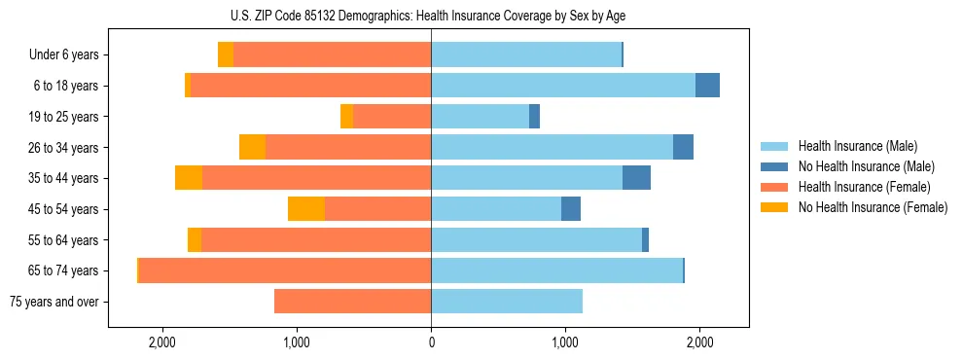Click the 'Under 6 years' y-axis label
pos(63,55)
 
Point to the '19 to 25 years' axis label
pos(63,117)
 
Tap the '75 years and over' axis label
pos(53,302)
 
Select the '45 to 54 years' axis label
pos(63,209)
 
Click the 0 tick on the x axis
pos(431,342)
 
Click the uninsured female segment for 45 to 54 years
pos(306,209)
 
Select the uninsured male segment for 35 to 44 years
pos(636,178)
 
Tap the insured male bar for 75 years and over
pos(507,302)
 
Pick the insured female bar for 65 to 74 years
pos(285,270)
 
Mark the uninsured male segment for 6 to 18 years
pos(707,86)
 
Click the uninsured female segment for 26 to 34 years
pos(253,147)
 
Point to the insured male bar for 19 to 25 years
pos(480,117)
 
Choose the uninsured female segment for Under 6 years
pos(226,55)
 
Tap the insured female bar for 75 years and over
pos(352,302)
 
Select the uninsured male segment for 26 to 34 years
pos(683,147)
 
